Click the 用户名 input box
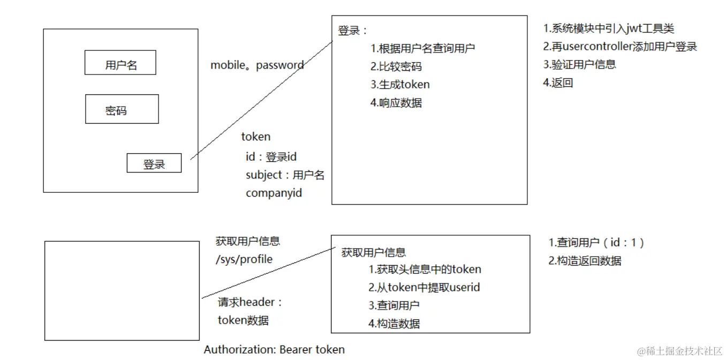click(x=120, y=63)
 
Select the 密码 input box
click(x=122, y=109)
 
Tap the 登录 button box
click(x=154, y=163)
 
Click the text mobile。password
click(x=257, y=65)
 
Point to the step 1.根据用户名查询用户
click(x=422, y=48)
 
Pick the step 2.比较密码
click(x=396, y=66)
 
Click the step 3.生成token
click(x=399, y=84)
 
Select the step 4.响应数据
click(x=396, y=102)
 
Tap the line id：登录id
click(x=271, y=157)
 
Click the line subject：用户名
click(x=285, y=175)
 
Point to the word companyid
click(x=274, y=193)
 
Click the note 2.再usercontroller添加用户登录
click(x=620, y=47)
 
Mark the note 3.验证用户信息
click(x=579, y=64)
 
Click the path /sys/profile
click(x=244, y=260)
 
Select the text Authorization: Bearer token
click(x=274, y=350)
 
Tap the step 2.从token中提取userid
click(x=424, y=288)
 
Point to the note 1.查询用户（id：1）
click(x=596, y=243)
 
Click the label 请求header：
click(x=250, y=302)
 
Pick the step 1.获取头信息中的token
click(x=425, y=269)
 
